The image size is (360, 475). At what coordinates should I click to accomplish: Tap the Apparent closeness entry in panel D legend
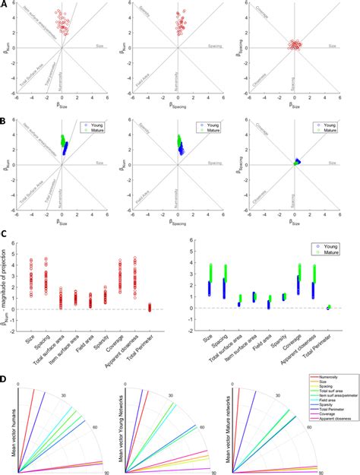click(x=336, y=458)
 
